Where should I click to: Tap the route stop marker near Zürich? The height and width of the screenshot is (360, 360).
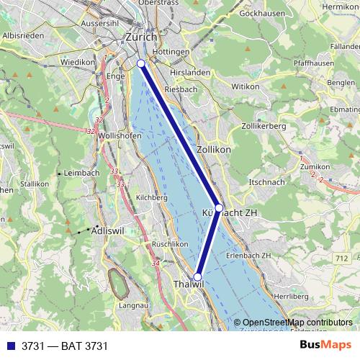point(141,64)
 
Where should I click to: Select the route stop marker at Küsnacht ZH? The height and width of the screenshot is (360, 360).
point(220,207)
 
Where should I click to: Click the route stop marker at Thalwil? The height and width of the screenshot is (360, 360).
point(198,276)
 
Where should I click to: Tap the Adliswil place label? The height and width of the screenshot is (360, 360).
point(109,231)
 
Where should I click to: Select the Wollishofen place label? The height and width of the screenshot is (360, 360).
point(117,135)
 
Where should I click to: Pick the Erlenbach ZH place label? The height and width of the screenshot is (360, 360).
point(248,256)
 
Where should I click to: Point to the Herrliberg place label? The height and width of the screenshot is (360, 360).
point(291,296)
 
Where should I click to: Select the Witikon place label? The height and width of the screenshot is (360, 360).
point(245,86)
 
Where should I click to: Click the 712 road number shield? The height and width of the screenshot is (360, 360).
point(341,258)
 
